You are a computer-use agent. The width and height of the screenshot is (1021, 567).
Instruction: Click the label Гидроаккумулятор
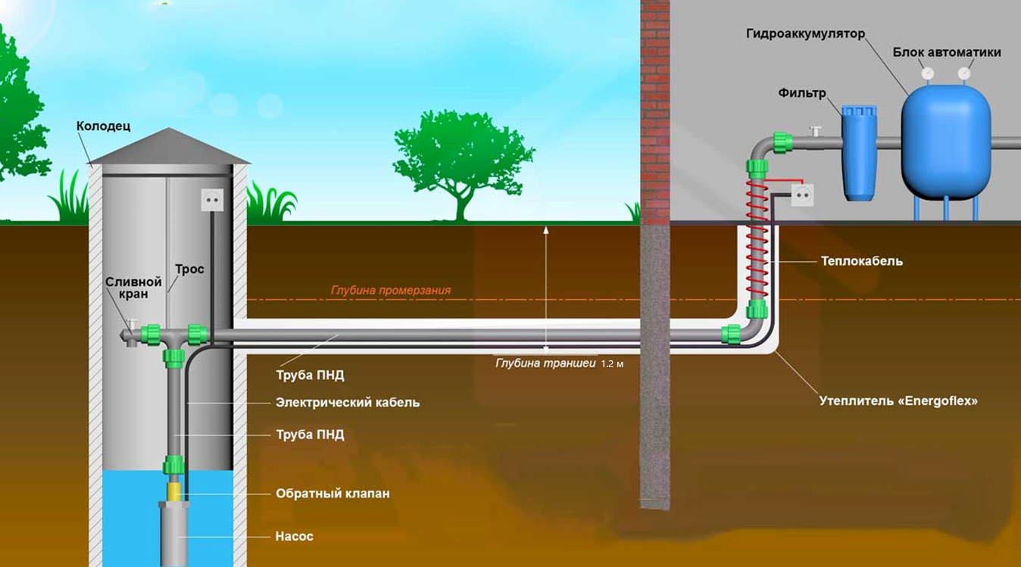tap(805, 35)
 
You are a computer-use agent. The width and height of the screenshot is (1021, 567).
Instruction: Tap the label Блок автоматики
tap(947, 52)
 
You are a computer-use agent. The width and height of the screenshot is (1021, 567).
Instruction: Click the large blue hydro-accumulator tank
tap(945, 140)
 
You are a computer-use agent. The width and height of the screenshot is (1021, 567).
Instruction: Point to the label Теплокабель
tap(862, 261)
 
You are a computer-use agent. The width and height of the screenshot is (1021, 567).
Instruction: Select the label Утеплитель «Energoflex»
tap(898, 400)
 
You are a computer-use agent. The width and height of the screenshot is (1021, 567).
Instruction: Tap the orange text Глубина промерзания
tap(391, 291)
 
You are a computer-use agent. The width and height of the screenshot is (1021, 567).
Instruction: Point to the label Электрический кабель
tap(347, 403)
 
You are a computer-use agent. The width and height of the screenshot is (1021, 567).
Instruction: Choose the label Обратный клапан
tap(333, 494)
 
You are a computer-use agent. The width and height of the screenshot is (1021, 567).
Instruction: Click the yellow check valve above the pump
tap(173, 491)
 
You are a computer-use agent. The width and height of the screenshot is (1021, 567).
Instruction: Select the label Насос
tap(294, 537)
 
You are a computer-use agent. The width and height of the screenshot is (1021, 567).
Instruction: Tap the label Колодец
tap(103, 126)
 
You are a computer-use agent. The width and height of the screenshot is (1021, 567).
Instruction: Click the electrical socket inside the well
tap(213, 200)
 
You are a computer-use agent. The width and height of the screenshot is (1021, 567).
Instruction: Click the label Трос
tap(189, 269)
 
